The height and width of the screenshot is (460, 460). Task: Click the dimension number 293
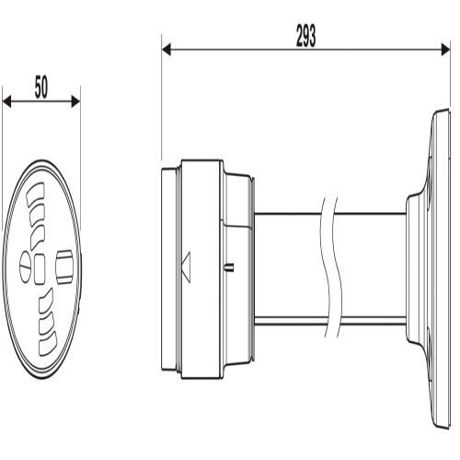click(305, 36)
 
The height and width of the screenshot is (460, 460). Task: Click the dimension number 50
click(41, 87)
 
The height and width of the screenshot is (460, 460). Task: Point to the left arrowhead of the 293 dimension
click(167, 50)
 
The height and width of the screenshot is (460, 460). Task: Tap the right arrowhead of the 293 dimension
click(445, 50)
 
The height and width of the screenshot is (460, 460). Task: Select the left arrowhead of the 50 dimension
click(6, 101)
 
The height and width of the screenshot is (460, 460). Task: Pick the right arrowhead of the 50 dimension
click(75, 101)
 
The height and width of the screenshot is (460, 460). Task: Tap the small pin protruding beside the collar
click(230, 267)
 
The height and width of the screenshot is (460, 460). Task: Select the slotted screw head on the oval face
click(26, 267)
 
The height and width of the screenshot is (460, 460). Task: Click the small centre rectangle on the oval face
click(40, 270)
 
